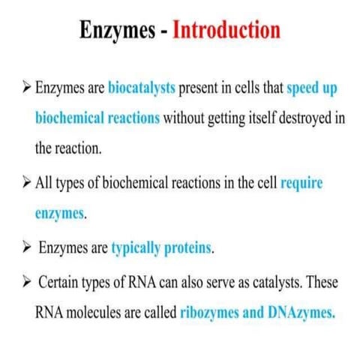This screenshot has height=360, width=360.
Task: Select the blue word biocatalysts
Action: pos(142,88)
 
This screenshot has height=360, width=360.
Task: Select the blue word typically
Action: pos(135,245)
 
